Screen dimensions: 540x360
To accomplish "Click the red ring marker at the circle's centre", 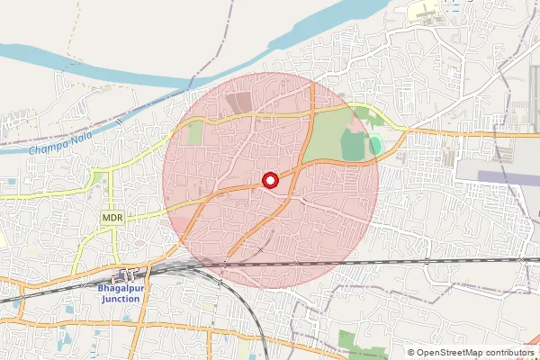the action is tap(270, 180).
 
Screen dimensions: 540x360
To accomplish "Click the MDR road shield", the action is tap(112, 219).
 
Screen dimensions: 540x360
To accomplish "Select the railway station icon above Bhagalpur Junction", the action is tap(125, 274).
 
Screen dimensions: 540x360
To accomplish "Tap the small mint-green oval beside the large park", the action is tap(376, 145).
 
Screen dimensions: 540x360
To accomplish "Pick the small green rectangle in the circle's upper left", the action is tap(195, 133).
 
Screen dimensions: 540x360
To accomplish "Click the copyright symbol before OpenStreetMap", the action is tap(411, 353).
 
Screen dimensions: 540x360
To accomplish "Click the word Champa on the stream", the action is tap(44, 148).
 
